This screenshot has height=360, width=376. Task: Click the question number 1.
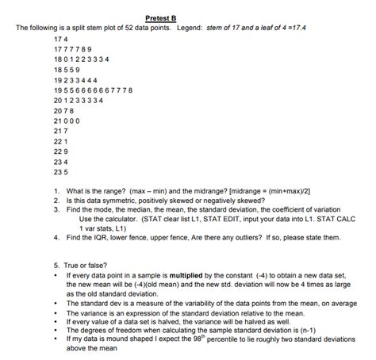click(x=57, y=191)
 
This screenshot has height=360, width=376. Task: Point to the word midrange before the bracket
click(x=201, y=191)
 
